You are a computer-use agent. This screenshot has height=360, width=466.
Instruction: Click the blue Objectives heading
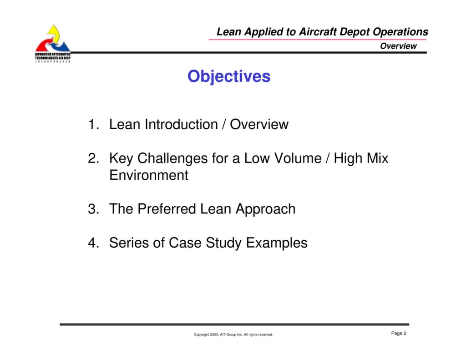coord(229,76)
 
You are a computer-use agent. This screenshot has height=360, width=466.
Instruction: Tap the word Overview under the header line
coord(398,46)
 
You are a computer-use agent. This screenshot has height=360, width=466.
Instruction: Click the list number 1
coord(92,125)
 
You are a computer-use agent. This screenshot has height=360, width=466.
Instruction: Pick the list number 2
coord(92,158)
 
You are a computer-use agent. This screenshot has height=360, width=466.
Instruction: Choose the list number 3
coord(92,209)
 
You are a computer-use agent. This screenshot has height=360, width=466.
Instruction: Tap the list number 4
coord(92,243)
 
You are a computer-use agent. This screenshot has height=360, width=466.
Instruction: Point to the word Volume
coord(296,158)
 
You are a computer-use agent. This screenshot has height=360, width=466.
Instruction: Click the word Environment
coord(149,176)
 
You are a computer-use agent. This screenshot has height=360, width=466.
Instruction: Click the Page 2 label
coord(399,334)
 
